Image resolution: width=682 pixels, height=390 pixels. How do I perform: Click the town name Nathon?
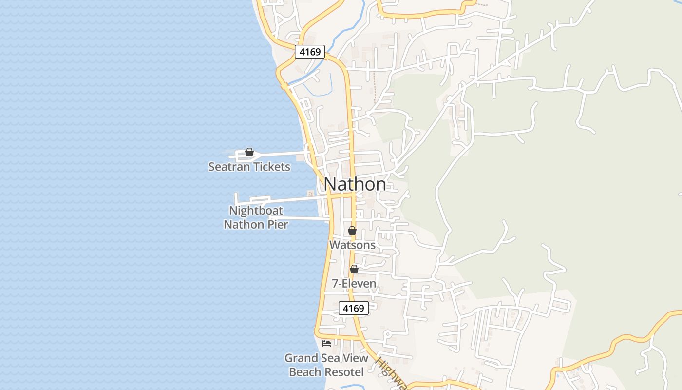coord(355,184)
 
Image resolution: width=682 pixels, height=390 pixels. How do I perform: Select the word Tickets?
coord(271,167)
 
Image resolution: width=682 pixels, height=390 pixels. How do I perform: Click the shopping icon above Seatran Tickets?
coord(249,153)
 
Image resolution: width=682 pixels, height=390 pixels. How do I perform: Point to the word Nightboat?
coord(256,211)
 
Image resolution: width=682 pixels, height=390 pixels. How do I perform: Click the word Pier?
coord(279,225)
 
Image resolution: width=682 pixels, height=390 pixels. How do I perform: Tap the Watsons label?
coord(352,245)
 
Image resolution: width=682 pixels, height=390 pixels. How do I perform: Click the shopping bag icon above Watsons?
coord(352,231)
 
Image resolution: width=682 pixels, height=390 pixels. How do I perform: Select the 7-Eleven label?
coord(354,283)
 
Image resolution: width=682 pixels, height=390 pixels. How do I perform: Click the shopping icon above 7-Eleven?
coord(354,269)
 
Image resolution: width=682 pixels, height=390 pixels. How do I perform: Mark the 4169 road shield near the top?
coord(310,52)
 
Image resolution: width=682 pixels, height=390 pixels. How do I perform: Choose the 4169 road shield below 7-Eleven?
coord(354,308)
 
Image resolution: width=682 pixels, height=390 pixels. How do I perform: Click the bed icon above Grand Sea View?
coord(326,344)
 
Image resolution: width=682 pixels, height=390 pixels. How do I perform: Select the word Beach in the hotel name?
coord(305,372)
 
